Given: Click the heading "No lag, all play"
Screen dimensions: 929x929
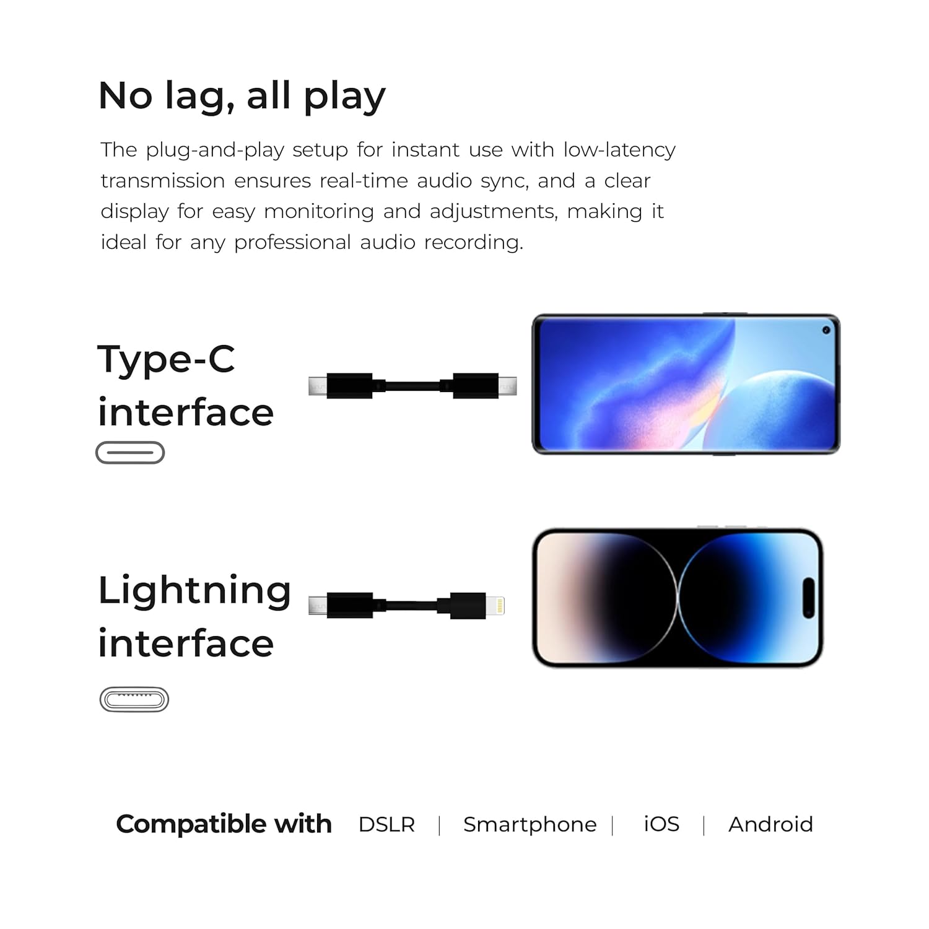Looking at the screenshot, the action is tap(242, 96).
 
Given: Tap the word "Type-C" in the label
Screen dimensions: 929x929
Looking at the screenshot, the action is tap(166, 359).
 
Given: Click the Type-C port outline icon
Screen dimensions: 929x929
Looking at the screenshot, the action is tap(130, 453).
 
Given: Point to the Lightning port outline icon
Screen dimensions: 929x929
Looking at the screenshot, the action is tap(134, 699).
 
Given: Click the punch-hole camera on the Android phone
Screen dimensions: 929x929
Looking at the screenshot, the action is tap(826, 330).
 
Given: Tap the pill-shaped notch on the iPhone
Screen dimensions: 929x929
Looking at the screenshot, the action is tap(808, 598).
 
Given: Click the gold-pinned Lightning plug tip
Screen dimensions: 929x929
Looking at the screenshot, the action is tap(495, 605).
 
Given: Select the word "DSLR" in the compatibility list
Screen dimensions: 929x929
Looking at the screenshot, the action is tap(386, 824).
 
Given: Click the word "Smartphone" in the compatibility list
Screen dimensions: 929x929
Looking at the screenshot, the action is tap(530, 824).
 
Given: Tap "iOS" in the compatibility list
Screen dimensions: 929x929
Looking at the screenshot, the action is tap(661, 824).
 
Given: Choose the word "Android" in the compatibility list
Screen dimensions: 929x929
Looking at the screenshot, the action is tap(770, 824).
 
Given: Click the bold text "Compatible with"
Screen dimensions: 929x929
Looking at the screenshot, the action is tap(224, 824).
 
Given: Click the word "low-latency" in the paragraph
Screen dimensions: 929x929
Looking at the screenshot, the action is tap(619, 150).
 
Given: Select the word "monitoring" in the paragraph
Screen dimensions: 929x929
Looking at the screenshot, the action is tap(319, 211).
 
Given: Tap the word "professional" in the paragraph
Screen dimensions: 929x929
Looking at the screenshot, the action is tap(292, 242).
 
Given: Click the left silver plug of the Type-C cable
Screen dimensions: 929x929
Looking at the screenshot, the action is tap(318, 386).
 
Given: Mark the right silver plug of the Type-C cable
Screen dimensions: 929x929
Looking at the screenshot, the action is tap(507, 386).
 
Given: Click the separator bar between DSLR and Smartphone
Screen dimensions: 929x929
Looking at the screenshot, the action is tap(439, 826).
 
